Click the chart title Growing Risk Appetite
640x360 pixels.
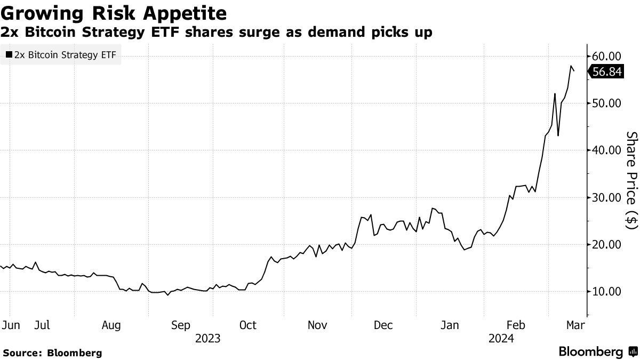(113, 13)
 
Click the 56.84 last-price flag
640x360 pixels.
(607, 71)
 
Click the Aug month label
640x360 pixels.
(111, 325)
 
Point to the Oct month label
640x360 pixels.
(248, 325)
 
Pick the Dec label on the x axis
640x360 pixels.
(383, 325)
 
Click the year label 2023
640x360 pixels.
(208, 338)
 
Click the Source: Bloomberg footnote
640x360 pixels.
(52, 353)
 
